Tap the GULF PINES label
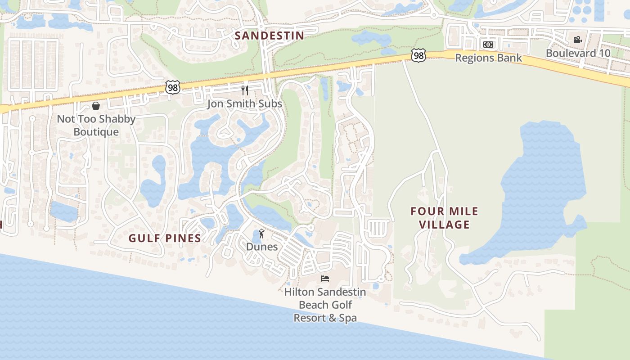[165, 238]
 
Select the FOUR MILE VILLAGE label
[445, 218]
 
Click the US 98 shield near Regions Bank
[418, 56]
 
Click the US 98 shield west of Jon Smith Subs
[173, 87]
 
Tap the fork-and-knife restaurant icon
[245, 90]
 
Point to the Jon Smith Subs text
[244, 104]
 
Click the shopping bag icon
[96, 106]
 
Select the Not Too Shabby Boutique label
[96, 126]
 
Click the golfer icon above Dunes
[261, 234]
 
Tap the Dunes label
[261, 247]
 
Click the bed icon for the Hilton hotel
[325, 279]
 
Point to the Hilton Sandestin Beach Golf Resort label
[325, 305]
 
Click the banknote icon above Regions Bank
[488, 45]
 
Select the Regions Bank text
[488, 58]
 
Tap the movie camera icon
[578, 40]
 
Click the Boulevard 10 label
[578, 53]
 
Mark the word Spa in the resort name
[347, 318]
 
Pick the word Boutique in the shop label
[96, 132]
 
